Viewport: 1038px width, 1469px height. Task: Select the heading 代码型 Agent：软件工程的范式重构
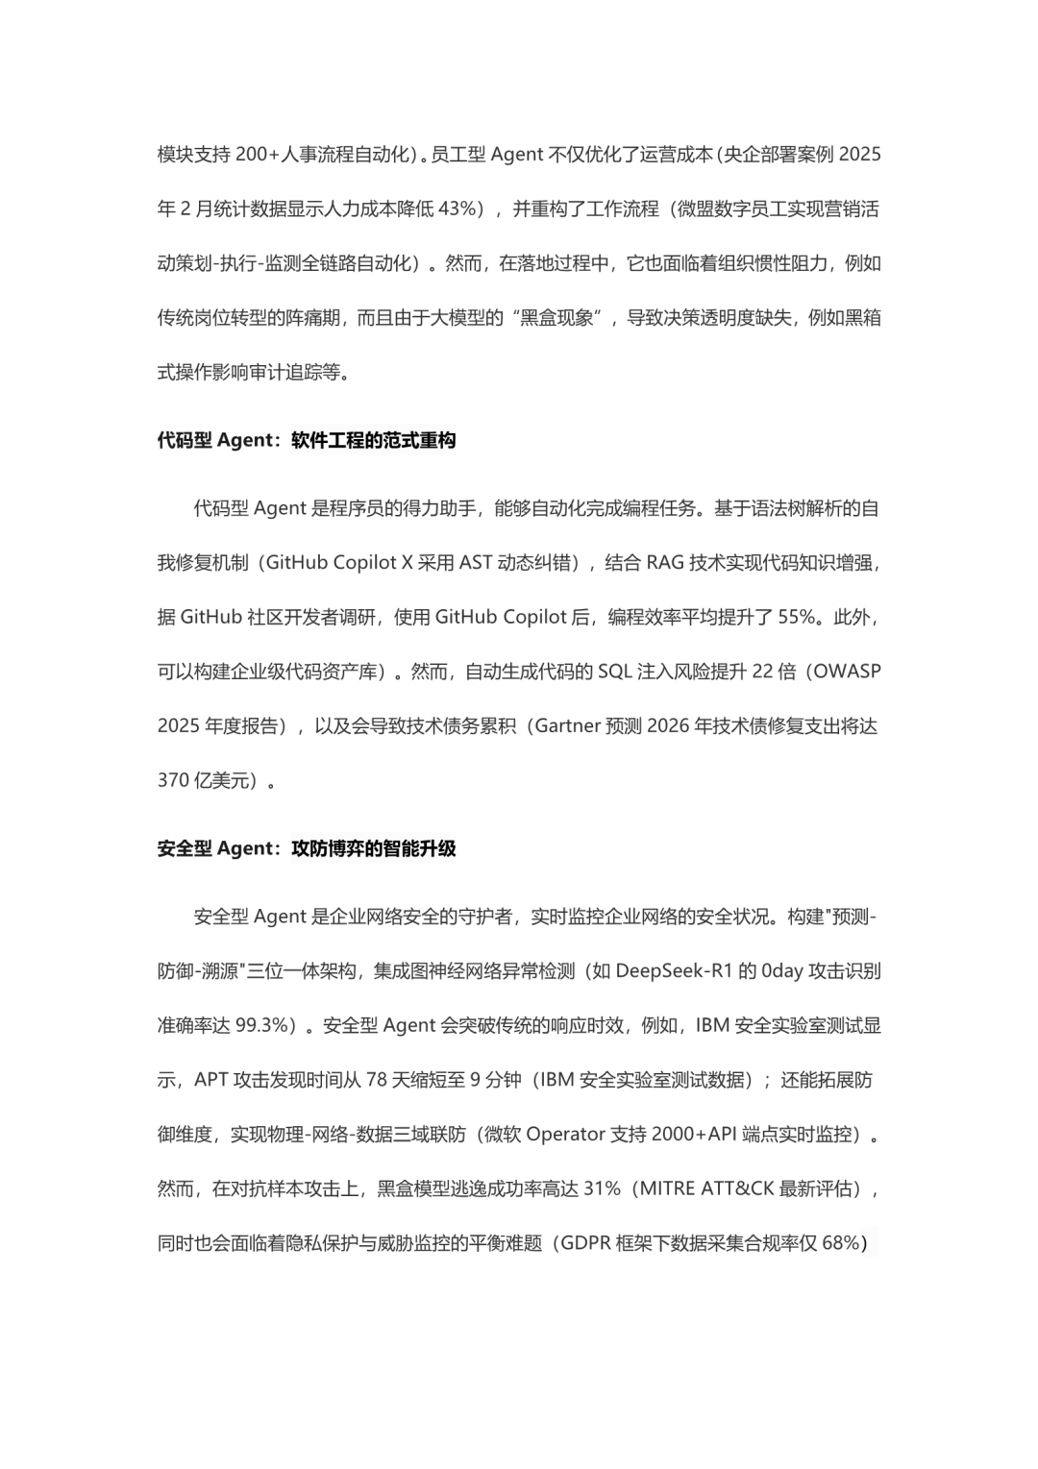coord(307,441)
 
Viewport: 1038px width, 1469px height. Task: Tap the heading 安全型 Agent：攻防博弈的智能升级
coord(307,849)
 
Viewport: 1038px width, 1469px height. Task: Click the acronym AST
coord(476,563)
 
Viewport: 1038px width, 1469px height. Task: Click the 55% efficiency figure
coord(797,617)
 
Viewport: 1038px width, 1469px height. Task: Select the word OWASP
coord(847,672)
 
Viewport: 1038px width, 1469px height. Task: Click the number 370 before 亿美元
coord(173,780)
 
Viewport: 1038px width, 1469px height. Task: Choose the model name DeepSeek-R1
coord(675,971)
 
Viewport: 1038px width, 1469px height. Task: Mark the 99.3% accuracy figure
coord(262,1025)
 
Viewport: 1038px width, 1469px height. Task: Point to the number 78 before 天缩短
coord(377,1080)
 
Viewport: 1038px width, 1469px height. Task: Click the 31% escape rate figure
coord(602,1188)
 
